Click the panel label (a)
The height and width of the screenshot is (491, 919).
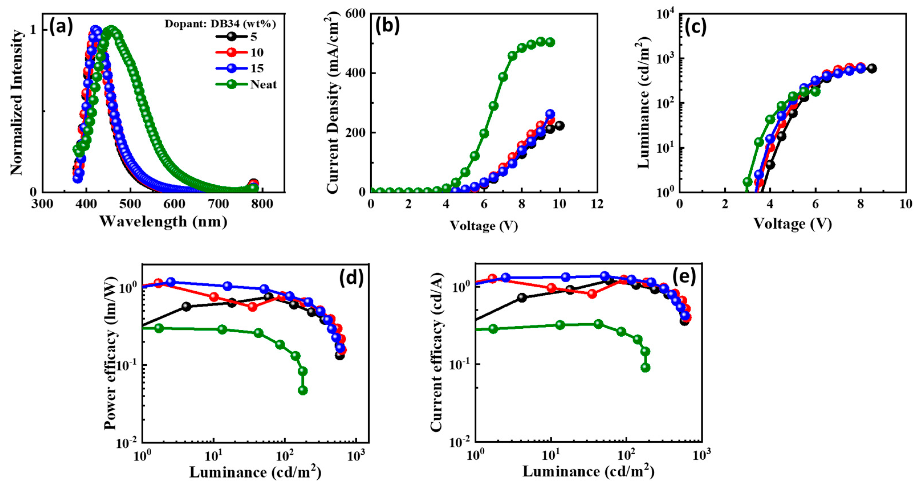61,27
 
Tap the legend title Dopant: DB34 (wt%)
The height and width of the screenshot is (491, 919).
220,24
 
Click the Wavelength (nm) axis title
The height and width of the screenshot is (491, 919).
163,222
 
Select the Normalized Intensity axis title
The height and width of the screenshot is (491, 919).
17,103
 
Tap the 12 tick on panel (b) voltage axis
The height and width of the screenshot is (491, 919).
597,204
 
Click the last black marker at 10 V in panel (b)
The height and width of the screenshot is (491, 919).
559,126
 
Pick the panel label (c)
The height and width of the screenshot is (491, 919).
696,27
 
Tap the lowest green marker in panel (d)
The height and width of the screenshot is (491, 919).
302,390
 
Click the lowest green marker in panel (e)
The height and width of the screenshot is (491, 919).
645,368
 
